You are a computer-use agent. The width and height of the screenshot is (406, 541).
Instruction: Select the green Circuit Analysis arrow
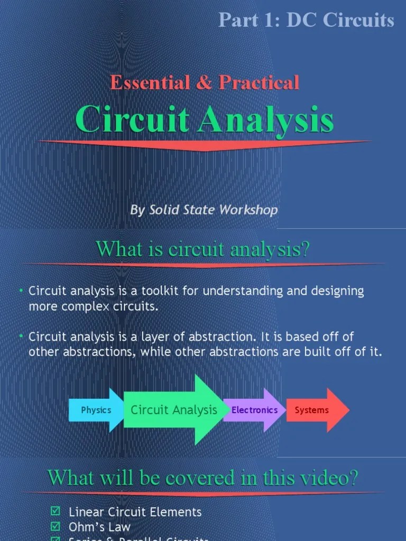(x=174, y=409)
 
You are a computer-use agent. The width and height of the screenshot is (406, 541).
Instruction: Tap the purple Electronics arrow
(x=254, y=410)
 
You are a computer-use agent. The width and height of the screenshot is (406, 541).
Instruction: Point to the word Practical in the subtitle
(x=259, y=82)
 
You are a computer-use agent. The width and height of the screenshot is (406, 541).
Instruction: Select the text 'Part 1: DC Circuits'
(x=306, y=20)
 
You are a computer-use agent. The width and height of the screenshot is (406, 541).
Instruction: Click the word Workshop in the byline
(x=248, y=210)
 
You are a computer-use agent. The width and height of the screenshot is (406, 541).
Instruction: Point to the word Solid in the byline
(x=165, y=210)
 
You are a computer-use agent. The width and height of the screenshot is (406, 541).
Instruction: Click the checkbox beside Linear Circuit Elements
(x=55, y=511)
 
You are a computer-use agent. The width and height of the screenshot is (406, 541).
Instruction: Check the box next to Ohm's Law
(x=55, y=526)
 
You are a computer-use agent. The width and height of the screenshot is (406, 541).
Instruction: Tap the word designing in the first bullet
(x=338, y=292)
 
